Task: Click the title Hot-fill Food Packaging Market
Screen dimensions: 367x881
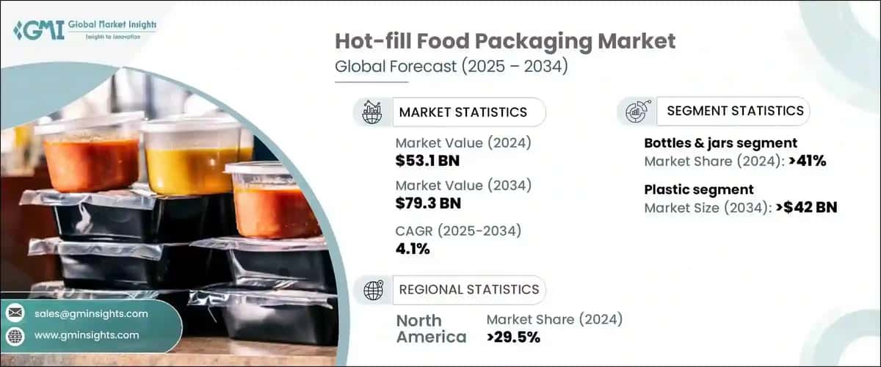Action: coord(506,41)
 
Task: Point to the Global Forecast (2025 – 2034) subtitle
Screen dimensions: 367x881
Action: coord(451,67)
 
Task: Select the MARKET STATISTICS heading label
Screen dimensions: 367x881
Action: coord(463,112)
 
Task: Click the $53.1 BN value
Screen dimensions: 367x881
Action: coord(427,160)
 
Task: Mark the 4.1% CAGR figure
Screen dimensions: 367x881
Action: coord(412,248)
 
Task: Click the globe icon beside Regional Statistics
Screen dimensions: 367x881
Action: coord(373,289)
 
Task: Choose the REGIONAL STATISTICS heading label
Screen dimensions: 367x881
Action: coord(468,289)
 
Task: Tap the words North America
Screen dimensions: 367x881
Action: coord(431,329)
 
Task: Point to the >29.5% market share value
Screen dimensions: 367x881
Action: coord(513,337)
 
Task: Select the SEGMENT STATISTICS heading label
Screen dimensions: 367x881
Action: coord(735,112)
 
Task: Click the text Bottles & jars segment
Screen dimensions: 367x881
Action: coord(720,143)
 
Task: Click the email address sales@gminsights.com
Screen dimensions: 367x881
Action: coord(91,313)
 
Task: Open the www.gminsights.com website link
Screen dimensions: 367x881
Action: coord(86,335)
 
